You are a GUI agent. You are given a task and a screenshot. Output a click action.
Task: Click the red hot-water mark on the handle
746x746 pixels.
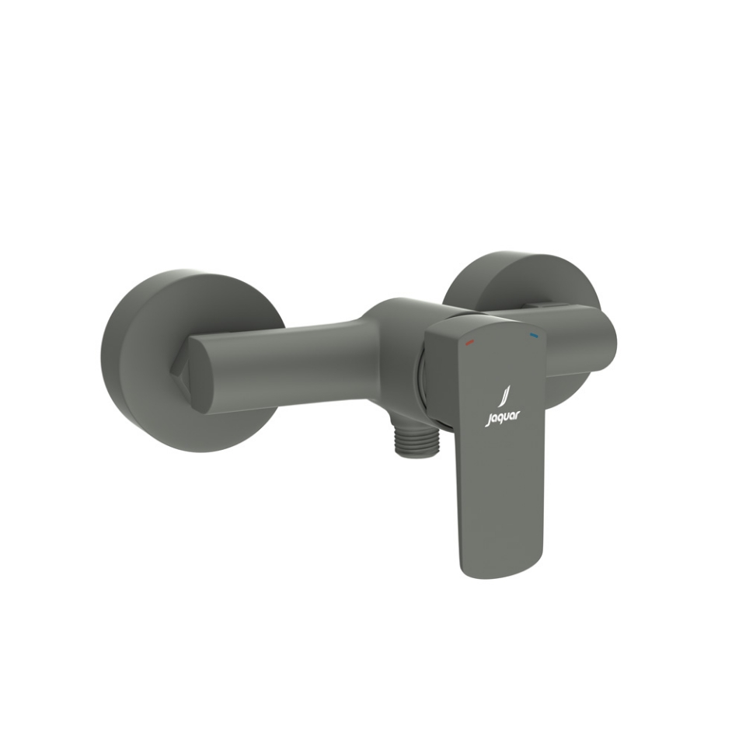coord(468,340)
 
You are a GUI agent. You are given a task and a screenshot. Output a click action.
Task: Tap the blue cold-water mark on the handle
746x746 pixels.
coord(534,336)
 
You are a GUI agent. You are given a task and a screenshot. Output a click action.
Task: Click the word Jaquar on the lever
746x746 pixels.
coord(504,418)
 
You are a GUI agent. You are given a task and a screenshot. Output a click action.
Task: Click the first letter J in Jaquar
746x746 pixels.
coord(490,420)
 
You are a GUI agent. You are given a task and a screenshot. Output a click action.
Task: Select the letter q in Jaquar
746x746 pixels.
coord(501,420)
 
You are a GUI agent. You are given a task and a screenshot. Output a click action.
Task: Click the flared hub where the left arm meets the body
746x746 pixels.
coord(373,342)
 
